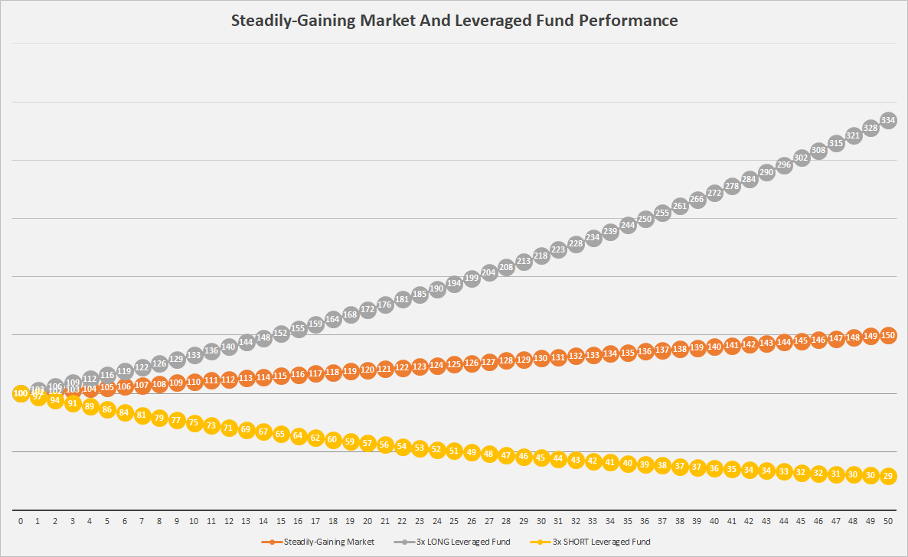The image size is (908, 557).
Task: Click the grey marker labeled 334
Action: tap(888, 120)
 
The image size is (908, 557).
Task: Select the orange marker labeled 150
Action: tap(888, 335)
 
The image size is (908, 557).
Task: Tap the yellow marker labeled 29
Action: tap(888, 476)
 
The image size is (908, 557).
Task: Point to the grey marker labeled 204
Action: tap(488, 272)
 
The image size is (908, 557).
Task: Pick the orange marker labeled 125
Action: tap(454, 363)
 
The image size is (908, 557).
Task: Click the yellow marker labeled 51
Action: tap(454, 451)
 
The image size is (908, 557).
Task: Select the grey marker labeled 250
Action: tap(645, 219)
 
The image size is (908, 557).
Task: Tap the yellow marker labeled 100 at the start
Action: tap(21, 393)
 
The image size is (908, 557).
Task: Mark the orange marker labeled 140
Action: tap(714, 347)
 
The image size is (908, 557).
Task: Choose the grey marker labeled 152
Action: tap(281, 333)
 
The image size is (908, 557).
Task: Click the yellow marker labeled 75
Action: tap(194, 422)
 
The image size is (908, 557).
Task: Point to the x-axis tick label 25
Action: tap(454, 521)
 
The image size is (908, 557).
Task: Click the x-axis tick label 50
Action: tap(888, 521)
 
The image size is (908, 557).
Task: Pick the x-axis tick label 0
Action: tap(21, 521)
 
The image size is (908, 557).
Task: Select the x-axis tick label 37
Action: tap(662, 521)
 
